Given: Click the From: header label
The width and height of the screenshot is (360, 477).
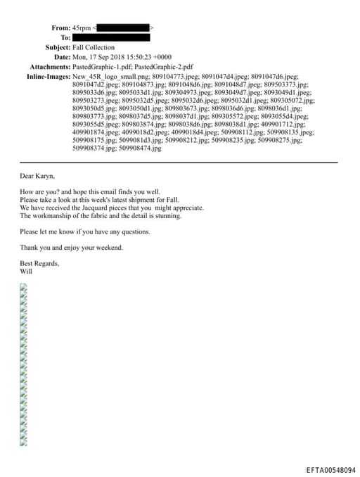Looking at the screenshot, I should pyautogui.click(x=60, y=27).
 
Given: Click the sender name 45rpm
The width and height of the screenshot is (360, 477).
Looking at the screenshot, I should pyautogui.click(x=82, y=27).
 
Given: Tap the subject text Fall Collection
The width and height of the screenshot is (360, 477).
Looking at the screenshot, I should pyautogui.click(x=94, y=47).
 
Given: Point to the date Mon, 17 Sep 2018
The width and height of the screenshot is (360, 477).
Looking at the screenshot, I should pyautogui.click(x=101, y=57).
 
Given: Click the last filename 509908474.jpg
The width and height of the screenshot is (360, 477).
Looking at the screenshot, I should pyautogui.click(x=140, y=148).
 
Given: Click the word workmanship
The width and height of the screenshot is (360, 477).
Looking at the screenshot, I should pyautogui.click(x=51, y=216).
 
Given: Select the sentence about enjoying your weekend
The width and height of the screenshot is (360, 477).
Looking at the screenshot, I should pyautogui.click(x=71, y=247).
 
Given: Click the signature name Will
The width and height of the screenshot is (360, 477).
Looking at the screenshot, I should pyautogui.click(x=26, y=271).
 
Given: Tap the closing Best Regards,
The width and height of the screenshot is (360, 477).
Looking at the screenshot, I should pyautogui.click(x=39, y=263).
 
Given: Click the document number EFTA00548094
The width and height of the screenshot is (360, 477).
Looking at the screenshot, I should pyautogui.click(x=330, y=469).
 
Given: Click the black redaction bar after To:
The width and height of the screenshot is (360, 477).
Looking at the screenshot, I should pyautogui.click(x=111, y=37).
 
